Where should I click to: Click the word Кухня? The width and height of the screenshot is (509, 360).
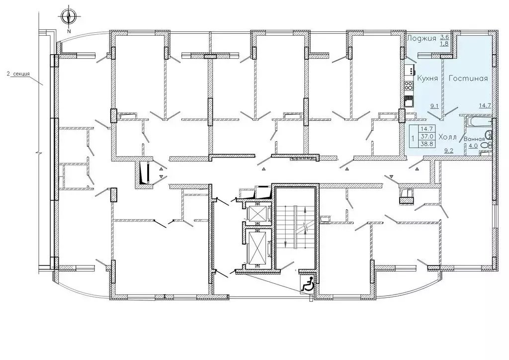click(427, 78)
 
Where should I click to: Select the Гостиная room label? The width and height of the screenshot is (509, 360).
click(468, 78)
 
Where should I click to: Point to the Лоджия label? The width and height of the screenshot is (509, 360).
click(422, 38)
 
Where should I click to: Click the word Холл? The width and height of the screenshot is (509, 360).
click(447, 137)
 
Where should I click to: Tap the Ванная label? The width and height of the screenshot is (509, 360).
click(474, 139)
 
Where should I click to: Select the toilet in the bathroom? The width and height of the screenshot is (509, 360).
click(487, 145)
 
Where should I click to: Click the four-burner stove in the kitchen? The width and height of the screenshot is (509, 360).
click(409, 86)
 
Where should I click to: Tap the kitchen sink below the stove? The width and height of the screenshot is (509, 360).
click(409, 101)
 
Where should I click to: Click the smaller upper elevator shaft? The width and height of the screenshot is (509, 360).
click(256, 213)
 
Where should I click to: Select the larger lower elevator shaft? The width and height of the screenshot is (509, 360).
click(256, 247)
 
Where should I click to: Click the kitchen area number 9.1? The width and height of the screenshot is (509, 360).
click(435, 105)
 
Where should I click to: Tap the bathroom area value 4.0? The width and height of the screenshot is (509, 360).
click(473, 146)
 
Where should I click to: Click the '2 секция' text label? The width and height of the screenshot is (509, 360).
click(18, 74)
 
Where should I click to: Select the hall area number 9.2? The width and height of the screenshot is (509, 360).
click(449, 150)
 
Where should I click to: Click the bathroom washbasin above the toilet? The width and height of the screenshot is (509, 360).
click(488, 135)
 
